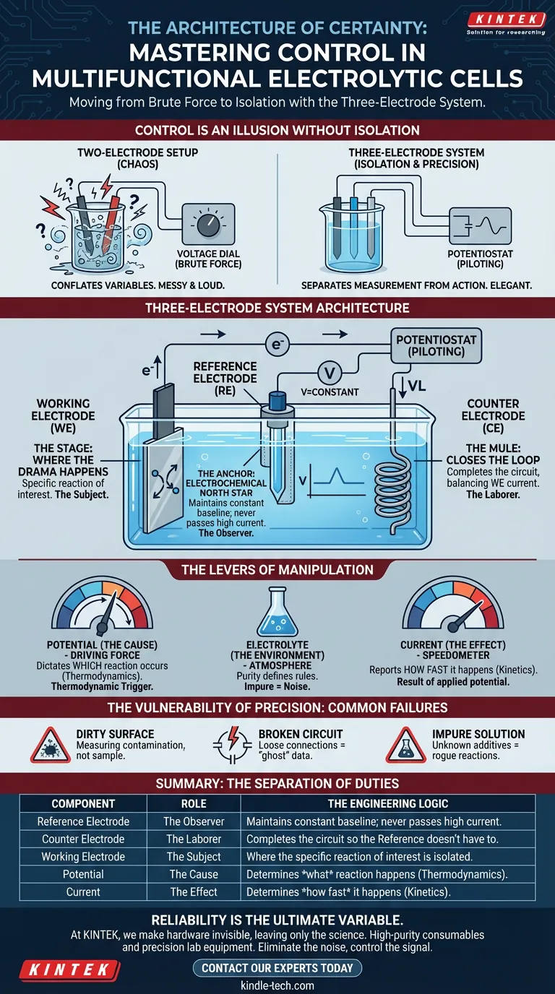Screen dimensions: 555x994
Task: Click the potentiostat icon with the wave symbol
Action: tap(481, 226)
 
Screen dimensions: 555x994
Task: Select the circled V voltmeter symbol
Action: tap(330, 373)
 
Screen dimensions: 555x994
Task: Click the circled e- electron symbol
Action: tap(277, 344)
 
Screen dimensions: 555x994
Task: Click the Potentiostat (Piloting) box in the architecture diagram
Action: tap(436, 346)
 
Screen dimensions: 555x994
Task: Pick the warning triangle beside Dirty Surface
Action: tap(50, 745)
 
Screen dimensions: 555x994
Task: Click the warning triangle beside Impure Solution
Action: tap(406, 745)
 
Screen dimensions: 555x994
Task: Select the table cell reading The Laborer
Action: tap(194, 839)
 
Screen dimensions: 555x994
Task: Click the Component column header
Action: tap(83, 803)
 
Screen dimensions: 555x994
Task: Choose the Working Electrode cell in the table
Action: tap(83, 857)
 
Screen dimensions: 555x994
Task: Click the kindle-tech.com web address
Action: tap(277, 985)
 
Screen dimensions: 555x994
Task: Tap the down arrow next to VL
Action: tap(403, 386)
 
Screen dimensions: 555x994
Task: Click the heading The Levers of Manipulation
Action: tap(277, 570)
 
